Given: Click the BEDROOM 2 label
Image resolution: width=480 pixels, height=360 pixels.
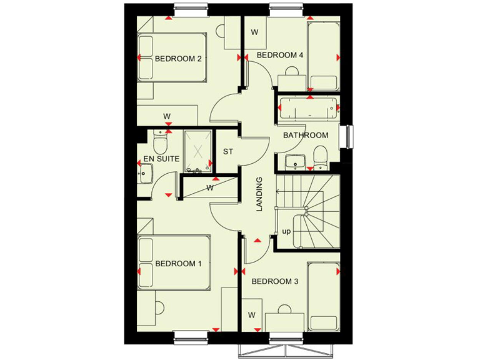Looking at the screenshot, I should coord(177,59).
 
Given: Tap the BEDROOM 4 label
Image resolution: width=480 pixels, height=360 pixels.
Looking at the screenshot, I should coord(280,55).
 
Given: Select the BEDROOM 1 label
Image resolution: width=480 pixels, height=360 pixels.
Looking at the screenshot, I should coord(179,263).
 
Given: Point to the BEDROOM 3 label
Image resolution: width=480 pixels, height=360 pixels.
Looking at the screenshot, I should coord(275,282).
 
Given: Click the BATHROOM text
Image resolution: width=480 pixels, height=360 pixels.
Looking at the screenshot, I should coord(306,136).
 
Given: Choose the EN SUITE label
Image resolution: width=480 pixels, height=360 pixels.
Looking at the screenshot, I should coord(162,159).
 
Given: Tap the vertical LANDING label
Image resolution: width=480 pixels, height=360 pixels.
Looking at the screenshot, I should coord(260,194).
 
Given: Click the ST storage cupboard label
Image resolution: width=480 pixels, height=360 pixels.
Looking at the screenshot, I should coord(228,151).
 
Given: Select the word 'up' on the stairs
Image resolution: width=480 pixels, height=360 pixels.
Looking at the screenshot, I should coord(286,231).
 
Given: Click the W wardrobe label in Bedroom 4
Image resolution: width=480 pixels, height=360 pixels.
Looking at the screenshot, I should coord(254,32).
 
